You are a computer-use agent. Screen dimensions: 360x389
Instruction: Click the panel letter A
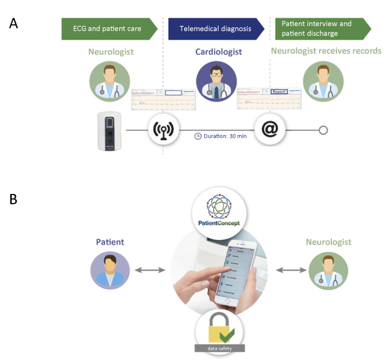[x=14, y=23]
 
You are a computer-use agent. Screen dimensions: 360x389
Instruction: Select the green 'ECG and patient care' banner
[x=108, y=29]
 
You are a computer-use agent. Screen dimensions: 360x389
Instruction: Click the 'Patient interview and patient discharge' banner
[x=322, y=29]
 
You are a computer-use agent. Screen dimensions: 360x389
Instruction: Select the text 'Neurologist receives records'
[x=325, y=51]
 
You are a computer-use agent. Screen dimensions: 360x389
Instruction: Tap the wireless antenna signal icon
[x=162, y=130]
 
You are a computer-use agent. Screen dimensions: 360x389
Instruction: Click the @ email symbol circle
[x=270, y=130]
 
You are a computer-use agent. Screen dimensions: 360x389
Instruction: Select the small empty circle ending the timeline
[x=324, y=130]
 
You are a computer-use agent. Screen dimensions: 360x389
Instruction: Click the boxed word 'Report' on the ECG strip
[x=279, y=92]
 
